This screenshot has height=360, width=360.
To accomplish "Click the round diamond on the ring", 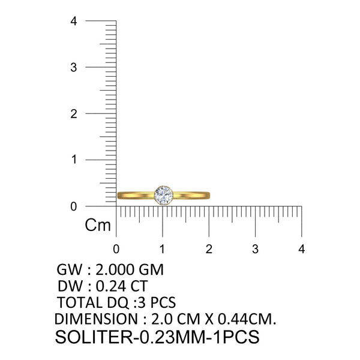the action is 163,196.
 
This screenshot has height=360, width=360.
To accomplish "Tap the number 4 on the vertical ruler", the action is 74,21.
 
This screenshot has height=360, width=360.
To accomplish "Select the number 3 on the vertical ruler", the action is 74,67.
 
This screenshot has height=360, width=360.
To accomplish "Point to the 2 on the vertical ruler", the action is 74,114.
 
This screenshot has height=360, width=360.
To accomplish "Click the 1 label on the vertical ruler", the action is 74,160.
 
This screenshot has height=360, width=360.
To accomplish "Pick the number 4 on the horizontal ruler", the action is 301,249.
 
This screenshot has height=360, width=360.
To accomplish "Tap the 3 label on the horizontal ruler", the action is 255,249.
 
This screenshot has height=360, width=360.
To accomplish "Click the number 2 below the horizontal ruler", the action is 209,249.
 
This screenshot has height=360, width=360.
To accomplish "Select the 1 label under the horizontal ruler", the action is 163,249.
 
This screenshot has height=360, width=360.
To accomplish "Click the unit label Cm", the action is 98,225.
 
